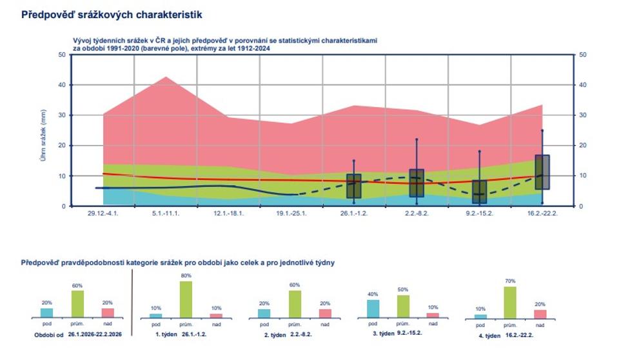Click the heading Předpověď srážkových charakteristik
112,15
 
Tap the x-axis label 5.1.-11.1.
166,214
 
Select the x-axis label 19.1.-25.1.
291,214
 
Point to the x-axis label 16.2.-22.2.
542,214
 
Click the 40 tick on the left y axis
62,85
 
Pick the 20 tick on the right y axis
583,145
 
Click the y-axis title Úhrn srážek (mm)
43,135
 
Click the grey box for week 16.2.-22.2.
542,172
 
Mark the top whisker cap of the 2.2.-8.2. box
417,139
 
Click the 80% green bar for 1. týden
186,299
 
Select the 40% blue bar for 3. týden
373,308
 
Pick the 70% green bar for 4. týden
510,303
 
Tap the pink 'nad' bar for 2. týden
325,314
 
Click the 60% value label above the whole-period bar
77,286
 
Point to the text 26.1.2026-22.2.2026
95,334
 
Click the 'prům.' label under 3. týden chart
402,324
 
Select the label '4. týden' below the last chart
489,335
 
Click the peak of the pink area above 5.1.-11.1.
166,77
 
